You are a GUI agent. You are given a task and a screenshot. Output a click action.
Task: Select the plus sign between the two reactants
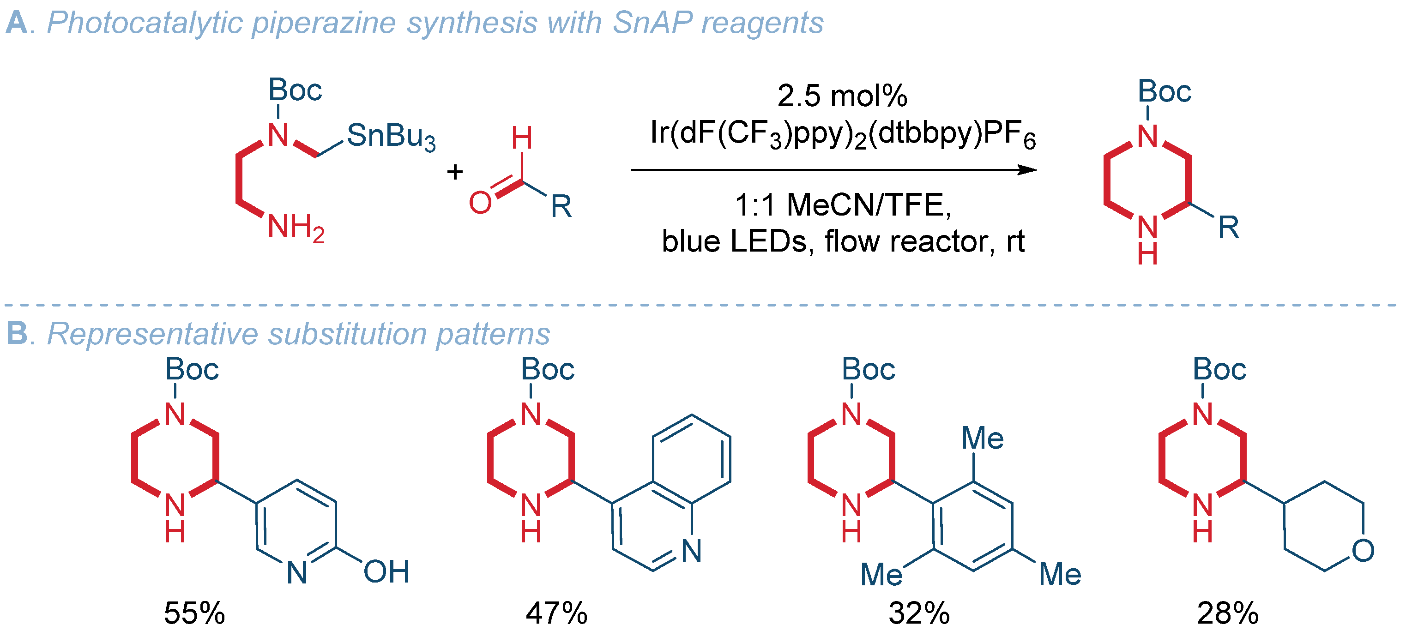(455, 173)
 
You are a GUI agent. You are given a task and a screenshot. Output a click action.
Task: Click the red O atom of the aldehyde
(480, 203)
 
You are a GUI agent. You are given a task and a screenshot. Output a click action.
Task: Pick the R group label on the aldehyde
(561, 206)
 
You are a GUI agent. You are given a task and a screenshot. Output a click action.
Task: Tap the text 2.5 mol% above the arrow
(842, 96)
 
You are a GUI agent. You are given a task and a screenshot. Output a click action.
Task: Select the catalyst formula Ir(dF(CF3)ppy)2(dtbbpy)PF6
(842, 134)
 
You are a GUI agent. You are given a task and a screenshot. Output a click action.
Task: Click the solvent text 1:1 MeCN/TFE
(842, 205)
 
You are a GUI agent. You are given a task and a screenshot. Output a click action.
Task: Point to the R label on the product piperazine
(1229, 227)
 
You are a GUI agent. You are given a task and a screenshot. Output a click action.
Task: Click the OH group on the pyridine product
(386, 572)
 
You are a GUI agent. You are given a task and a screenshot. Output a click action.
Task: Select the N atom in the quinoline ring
(692, 550)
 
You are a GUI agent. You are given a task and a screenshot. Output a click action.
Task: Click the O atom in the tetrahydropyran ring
(1363, 550)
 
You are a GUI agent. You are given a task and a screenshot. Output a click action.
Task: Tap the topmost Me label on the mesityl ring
(983, 439)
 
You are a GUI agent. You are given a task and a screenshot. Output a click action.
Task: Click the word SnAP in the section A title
(652, 23)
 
